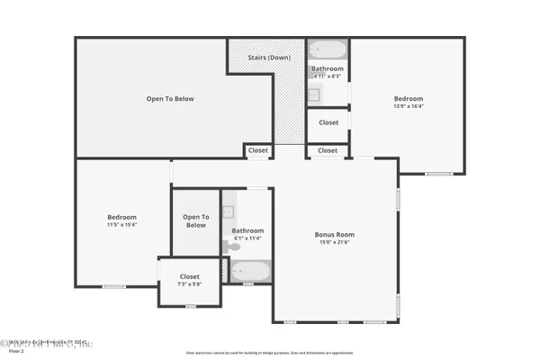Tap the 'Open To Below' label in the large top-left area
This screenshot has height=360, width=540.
[170, 99]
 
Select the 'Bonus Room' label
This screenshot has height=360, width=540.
[335, 234]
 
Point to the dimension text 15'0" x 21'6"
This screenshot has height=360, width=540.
[335, 242]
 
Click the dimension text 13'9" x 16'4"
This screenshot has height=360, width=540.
[408, 106]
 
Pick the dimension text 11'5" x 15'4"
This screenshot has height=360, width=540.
[121, 225]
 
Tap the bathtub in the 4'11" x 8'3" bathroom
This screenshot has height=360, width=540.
[327, 49]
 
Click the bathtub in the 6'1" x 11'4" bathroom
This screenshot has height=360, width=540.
[249, 271]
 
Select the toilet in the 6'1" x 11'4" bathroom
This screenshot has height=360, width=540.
[228, 246]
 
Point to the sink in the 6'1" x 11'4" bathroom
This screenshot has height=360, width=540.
[228, 212]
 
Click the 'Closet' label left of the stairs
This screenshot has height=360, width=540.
[258, 150]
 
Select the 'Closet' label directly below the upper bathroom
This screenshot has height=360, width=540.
[328, 122]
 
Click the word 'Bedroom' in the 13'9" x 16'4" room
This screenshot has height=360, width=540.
[408, 98]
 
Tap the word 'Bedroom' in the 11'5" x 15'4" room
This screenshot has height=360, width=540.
[121, 217]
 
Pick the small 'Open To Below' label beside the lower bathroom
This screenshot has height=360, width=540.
[195, 220]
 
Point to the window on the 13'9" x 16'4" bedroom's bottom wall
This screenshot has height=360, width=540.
[438, 174]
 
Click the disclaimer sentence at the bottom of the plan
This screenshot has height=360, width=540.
[269, 352]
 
